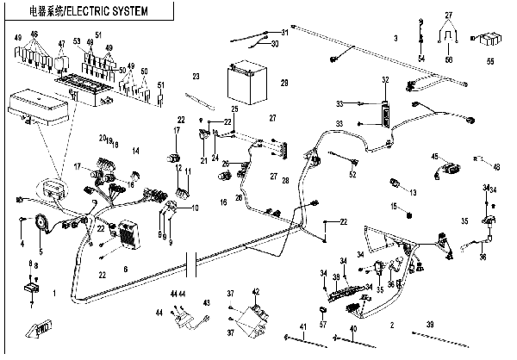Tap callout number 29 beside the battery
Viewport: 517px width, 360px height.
[x=283, y=83]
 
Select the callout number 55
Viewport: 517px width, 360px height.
[x=490, y=62]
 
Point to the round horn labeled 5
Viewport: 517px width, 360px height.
[x=40, y=222]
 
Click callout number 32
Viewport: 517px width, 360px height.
[x=385, y=80]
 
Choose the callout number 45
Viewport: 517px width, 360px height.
[x=435, y=156]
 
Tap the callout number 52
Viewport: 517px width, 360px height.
[x=352, y=175]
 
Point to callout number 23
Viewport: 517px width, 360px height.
[x=196, y=77]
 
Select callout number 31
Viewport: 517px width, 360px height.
[x=285, y=32]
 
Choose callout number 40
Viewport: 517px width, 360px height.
[x=352, y=329]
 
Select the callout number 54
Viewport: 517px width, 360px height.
[x=422, y=58]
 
